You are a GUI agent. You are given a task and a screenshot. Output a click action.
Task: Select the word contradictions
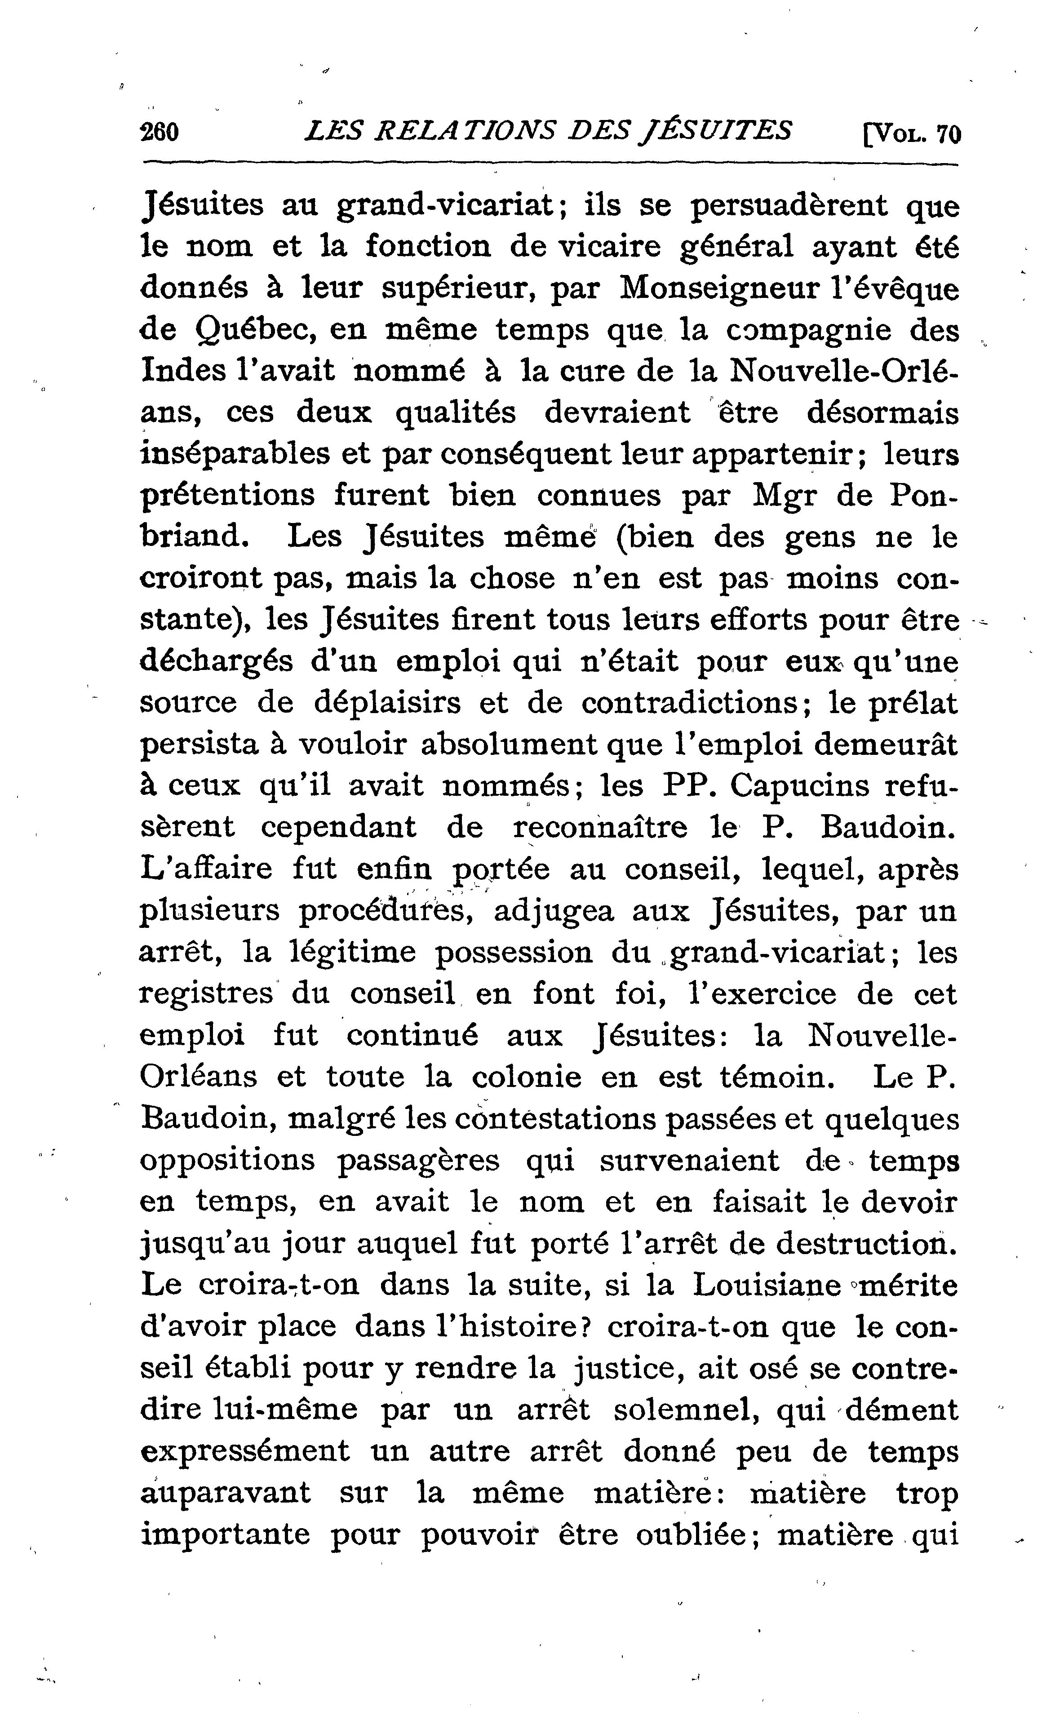click(x=689, y=703)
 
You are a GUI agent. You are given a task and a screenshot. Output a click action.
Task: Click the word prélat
click(x=913, y=703)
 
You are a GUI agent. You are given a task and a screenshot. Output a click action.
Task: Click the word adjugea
click(x=553, y=911)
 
